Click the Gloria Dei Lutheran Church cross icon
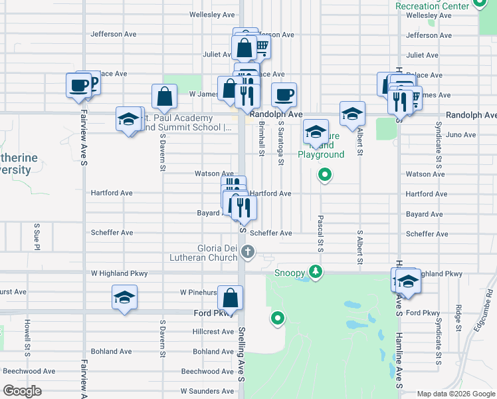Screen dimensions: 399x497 [248, 251]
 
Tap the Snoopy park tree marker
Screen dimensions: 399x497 [316, 271]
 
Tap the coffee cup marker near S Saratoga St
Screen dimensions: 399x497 [284, 95]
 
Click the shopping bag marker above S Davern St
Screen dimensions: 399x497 [164, 96]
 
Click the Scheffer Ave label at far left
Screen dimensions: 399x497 [112, 233]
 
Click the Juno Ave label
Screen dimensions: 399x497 [461, 134]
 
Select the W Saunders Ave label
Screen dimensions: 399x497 [206, 391]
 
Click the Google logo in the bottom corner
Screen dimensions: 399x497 [22, 391]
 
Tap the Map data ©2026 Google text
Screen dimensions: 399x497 [455, 394]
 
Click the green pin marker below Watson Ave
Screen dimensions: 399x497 [324, 175]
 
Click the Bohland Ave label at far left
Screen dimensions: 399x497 [112, 351]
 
